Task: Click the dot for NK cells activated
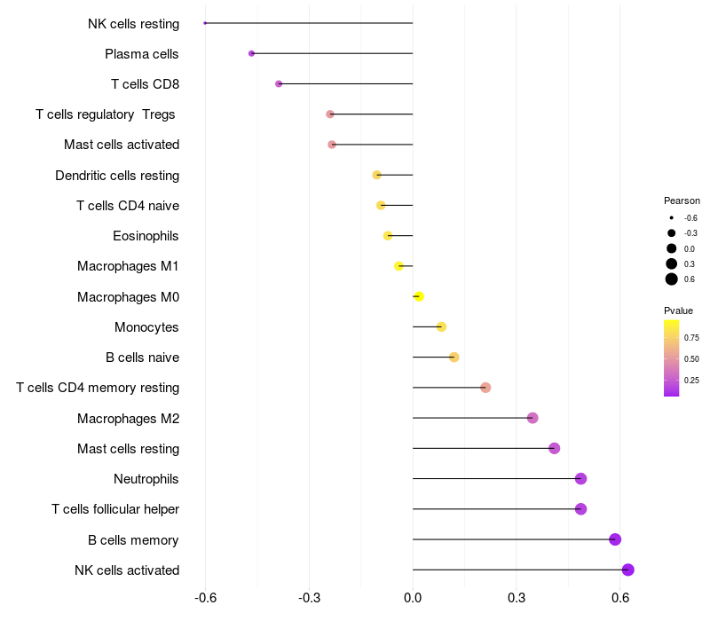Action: (x=627, y=570)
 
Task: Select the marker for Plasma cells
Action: (x=252, y=53)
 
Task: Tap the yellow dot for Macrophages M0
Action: (x=419, y=296)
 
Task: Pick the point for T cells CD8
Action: (x=279, y=83)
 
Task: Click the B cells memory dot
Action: (x=615, y=539)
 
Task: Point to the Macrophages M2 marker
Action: (x=532, y=418)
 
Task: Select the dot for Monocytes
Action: (x=441, y=326)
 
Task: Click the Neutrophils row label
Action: (x=146, y=479)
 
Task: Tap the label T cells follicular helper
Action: (x=115, y=509)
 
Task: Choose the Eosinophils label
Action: (x=146, y=236)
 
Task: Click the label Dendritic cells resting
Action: (x=117, y=175)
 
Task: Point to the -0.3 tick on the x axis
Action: (x=309, y=598)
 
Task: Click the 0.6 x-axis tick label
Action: (x=620, y=598)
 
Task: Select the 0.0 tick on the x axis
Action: (x=413, y=598)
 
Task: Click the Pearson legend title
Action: (x=682, y=200)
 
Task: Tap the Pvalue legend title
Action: (x=678, y=310)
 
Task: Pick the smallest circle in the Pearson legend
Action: (x=672, y=217)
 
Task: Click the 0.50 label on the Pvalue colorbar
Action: (x=691, y=359)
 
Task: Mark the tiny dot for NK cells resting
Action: (x=205, y=23)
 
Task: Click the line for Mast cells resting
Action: (x=483, y=448)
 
